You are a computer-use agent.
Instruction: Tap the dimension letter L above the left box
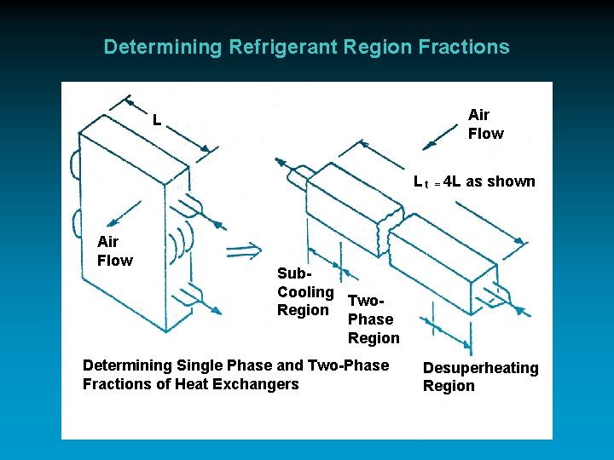[157, 120]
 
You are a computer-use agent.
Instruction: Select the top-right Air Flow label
[485, 124]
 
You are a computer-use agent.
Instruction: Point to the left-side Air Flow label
[114, 251]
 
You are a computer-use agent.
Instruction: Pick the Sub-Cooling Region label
[304, 291]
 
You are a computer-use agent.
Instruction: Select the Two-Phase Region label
[372, 319]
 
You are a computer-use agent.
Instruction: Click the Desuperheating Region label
[480, 377]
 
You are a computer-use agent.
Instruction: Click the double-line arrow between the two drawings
[244, 250]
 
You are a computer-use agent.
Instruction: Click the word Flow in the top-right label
[485, 134]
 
